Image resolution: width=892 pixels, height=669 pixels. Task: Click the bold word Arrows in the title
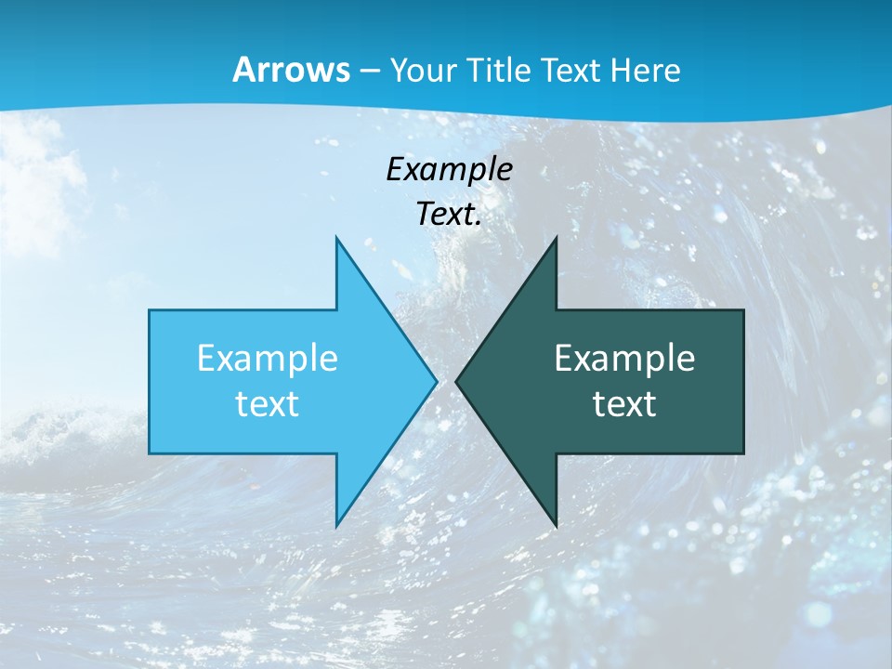point(291,70)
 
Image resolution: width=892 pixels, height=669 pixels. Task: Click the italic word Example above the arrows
point(449,170)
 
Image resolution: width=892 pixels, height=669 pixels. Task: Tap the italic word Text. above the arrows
point(449,215)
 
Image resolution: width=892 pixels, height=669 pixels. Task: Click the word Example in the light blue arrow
point(267,359)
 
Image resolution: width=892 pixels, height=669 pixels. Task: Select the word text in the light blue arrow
point(267,404)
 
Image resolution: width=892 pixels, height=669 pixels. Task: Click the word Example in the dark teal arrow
point(624,359)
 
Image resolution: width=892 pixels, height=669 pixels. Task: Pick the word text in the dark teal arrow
point(624,404)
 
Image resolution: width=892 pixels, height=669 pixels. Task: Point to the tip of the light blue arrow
point(436,381)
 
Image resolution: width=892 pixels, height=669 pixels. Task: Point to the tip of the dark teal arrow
point(456,381)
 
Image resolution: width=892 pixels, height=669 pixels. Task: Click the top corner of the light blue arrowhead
point(337,239)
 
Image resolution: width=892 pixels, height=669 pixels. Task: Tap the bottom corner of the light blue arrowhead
point(337,525)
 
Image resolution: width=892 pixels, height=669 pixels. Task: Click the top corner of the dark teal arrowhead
point(556,239)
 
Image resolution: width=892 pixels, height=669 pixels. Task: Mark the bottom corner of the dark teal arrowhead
point(556,525)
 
